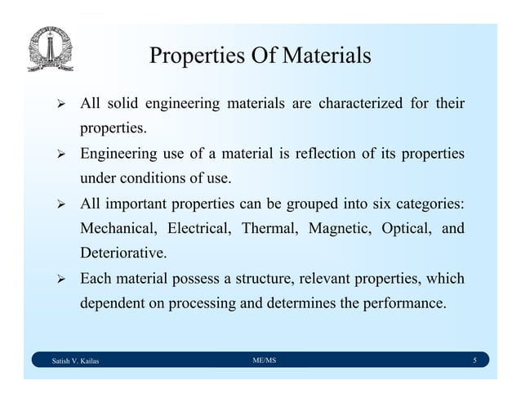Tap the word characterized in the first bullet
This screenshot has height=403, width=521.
tap(360, 105)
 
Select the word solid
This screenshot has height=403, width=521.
tap(123, 105)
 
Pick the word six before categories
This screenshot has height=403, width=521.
tap(381, 203)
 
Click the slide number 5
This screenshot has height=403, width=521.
tap(474, 360)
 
